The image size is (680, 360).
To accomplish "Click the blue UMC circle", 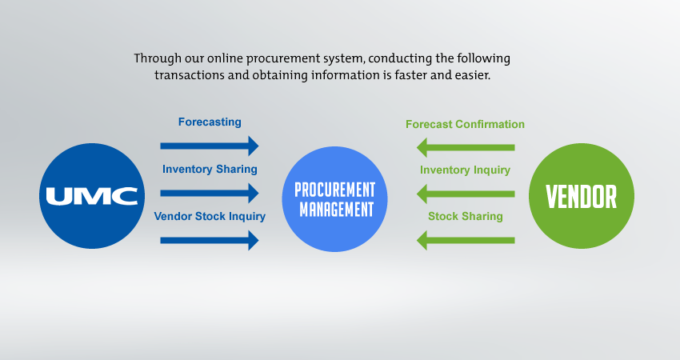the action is pos(92,196).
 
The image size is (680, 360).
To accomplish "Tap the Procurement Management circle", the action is pos(334,199).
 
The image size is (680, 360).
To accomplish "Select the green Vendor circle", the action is pos(582,196).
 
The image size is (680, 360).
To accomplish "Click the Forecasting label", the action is pos(210,122).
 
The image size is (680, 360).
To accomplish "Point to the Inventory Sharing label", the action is pos(210,169).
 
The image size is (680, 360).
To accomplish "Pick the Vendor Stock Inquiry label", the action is pos(210,216).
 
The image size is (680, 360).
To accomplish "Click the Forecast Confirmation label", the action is pos(466,124).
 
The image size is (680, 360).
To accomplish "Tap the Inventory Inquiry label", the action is pos(466,170).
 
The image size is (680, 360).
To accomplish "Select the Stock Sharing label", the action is pos(466,216).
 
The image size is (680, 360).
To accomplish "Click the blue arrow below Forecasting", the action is pos(210,146).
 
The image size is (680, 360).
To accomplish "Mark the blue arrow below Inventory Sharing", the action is pos(210,193).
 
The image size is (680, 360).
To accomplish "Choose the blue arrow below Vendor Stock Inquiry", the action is pos(210,240).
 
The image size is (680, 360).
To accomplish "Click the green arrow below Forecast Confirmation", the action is pos(466,147).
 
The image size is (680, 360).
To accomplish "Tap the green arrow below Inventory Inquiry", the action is pos(466,194).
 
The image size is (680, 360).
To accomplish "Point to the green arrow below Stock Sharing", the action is pos(466,240).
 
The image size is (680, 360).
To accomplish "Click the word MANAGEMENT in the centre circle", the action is pos(337,210).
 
